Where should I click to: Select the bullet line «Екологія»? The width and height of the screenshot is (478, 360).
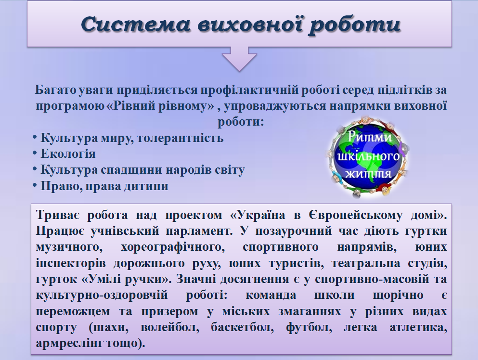tap(64, 154)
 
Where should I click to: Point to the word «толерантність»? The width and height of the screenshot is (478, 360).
tap(180, 138)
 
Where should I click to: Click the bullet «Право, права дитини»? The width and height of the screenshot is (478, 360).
tap(100, 186)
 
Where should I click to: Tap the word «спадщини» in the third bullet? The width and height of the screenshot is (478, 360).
tap(127, 170)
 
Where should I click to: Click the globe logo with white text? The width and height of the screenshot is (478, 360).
tap(368, 156)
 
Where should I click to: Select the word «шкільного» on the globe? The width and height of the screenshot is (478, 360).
tap(368, 156)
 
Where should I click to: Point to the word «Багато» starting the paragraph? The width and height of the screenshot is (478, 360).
tap(55, 90)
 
